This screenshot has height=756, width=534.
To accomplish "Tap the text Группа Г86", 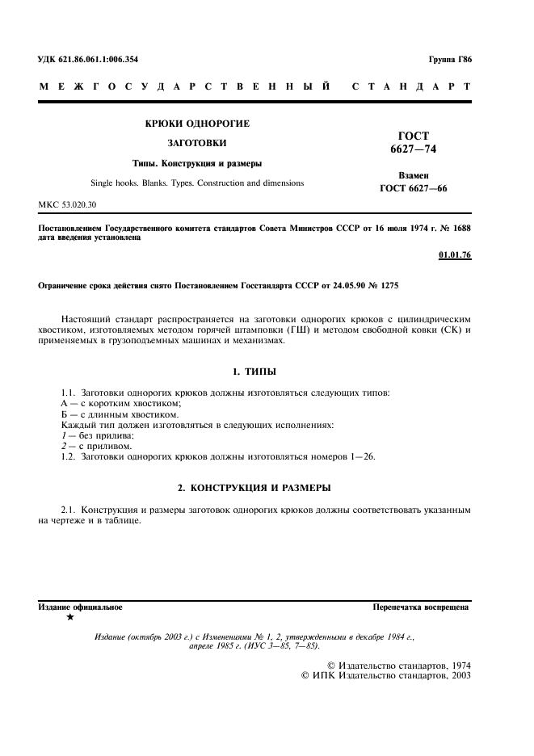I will click(450, 61).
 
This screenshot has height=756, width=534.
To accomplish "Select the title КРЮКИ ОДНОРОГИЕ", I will click(196, 124).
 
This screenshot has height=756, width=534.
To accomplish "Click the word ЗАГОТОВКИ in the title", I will click(196, 143).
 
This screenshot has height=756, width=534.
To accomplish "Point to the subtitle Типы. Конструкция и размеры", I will click(196, 163).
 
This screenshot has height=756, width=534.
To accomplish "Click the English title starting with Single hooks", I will click(196, 183).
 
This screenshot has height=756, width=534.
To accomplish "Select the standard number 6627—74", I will click(414, 149).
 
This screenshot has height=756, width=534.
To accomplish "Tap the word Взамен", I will click(414, 175).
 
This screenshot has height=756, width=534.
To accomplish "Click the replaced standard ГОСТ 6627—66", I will click(414, 188).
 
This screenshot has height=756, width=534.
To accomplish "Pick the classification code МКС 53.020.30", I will click(67, 205).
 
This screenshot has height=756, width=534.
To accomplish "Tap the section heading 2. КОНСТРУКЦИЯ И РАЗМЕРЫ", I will click(254, 488).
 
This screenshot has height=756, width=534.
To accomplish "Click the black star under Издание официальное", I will click(70, 617).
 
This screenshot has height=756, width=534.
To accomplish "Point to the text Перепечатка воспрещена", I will click(421, 606).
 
